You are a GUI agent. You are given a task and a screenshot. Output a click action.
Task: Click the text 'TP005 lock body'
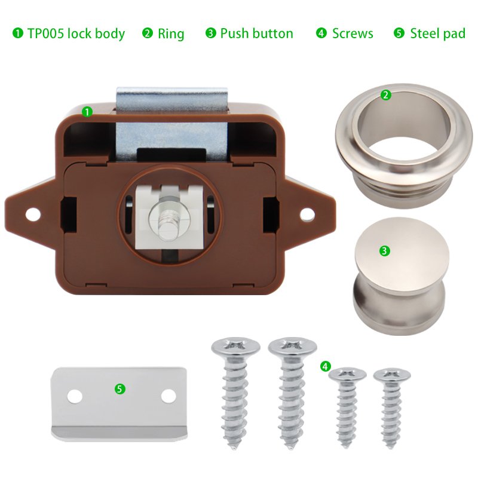76,33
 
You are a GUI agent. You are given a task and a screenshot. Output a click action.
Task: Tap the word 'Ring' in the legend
171,33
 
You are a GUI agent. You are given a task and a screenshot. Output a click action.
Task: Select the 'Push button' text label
256,33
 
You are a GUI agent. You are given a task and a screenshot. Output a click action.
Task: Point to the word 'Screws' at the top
353,33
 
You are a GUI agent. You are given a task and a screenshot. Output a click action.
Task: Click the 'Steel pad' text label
438,33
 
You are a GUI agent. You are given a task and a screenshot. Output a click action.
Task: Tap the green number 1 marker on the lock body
87,112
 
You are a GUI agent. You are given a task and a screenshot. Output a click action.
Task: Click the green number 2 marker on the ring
385,95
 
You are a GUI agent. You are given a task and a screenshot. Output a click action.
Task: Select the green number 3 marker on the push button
384,251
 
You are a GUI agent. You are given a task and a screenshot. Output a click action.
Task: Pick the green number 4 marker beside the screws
326,366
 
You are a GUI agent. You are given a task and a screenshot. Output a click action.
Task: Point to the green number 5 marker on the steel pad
120,389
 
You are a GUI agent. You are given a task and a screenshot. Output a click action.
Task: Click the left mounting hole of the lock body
33,215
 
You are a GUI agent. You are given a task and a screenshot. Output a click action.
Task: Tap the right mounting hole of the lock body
307,215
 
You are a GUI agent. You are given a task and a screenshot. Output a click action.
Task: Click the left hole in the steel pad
75,396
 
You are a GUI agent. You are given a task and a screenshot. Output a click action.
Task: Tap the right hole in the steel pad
168,396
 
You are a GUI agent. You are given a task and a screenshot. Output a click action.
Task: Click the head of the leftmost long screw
235,347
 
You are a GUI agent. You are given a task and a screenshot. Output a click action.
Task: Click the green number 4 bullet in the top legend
321,33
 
